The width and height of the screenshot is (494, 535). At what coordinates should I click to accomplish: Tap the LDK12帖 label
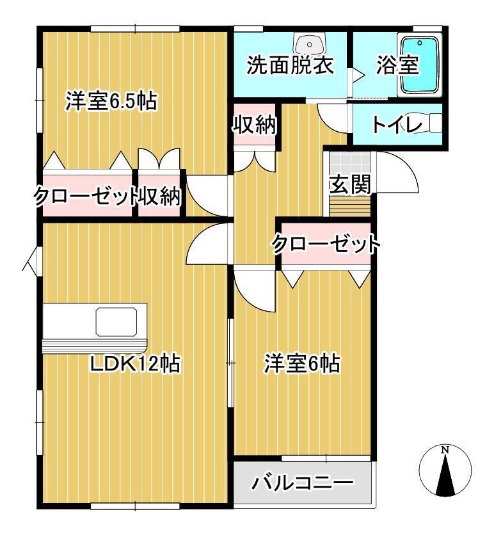[135, 363]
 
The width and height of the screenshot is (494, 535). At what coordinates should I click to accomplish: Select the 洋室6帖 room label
[302, 363]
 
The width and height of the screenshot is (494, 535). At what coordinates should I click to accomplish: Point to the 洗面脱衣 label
[290, 65]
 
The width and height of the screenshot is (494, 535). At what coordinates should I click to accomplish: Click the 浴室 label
[397, 65]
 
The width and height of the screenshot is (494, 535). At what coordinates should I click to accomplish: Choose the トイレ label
[397, 125]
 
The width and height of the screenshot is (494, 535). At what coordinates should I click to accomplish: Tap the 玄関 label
[350, 184]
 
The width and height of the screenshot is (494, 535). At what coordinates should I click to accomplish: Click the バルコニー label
[303, 483]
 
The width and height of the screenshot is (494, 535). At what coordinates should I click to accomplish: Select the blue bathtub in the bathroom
[419, 65]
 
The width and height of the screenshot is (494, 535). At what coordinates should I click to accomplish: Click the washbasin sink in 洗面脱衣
[309, 44]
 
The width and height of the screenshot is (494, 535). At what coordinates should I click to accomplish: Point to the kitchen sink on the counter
[116, 321]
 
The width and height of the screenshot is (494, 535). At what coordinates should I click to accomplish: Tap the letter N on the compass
[445, 450]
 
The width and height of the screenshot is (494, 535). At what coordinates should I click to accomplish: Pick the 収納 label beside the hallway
[254, 125]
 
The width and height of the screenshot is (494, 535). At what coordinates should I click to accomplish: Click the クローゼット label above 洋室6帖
[326, 244]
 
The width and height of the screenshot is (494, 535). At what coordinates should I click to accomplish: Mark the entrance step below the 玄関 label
[350, 207]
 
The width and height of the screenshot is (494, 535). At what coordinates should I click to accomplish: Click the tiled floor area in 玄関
[350, 163]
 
